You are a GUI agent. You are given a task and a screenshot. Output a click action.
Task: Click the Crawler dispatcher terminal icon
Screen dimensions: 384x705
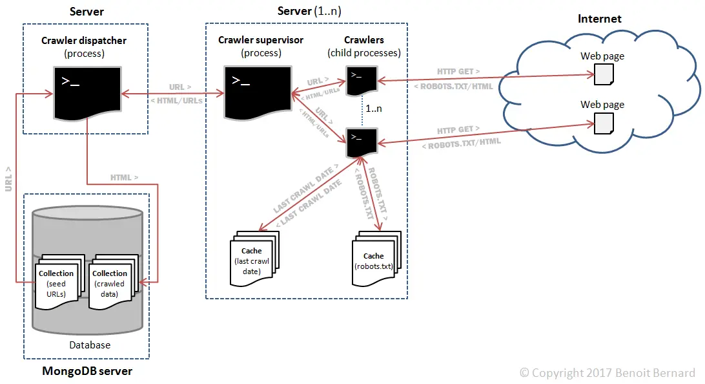tap(86, 92)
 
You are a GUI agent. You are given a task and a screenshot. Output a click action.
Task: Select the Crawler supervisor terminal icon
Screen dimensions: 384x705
tap(257, 91)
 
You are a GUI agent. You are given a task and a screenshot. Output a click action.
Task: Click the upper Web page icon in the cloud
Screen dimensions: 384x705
tap(603, 74)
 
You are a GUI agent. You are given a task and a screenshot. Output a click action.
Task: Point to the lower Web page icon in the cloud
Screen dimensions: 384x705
tap(603, 123)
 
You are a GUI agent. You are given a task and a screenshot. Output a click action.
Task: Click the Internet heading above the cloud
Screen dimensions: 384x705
tap(599, 19)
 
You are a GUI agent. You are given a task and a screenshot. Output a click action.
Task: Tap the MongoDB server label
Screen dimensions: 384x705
tap(87, 371)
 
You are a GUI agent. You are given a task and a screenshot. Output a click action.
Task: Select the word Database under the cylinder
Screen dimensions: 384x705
tap(90, 345)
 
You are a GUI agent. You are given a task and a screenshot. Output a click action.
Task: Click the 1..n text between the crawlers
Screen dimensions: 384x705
tap(374, 109)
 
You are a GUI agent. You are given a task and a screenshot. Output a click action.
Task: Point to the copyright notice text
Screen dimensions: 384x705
tap(608, 373)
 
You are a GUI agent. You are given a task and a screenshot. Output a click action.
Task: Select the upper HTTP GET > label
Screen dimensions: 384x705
tap(458, 72)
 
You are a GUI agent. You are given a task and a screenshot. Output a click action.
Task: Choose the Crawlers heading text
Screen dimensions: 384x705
tap(363, 41)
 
